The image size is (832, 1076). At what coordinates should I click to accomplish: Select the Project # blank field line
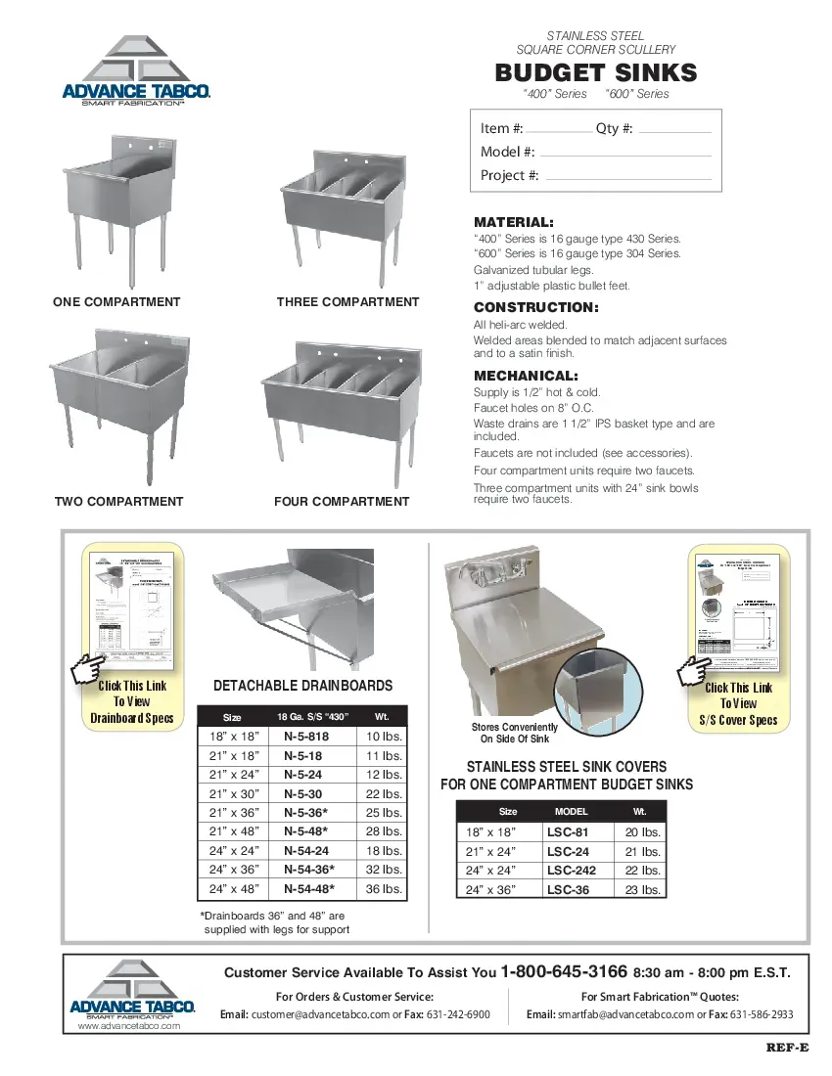pyautogui.click(x=626, y=179)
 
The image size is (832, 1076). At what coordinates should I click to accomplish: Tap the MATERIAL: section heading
pyautogui.click(x=514, y=222)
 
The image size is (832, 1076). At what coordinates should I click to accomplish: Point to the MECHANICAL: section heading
pyautogui.click(x=526, y=376)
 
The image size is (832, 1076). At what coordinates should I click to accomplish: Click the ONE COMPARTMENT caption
pyautogui.click(x=116, y=302)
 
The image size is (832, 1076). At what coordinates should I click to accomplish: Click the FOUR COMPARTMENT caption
pyautogui.click(x=342, y=502)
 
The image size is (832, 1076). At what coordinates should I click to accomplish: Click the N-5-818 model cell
pyautogui.click(x=306, y=738)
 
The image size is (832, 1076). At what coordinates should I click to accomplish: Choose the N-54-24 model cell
pyautogui.click(x=306, y=851)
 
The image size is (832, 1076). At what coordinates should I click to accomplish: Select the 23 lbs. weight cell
pyautogui.click(x=643, y=889)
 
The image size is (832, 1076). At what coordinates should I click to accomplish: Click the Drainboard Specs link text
pyautogui.click(x=132, y=718)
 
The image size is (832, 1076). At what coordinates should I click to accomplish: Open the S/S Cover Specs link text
pyautogui.click(x=738, y=720)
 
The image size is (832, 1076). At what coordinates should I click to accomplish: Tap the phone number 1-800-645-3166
pyautogui.click(x=564, y=972)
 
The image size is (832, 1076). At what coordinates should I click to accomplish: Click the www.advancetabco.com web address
pyautogui.click(x=129, y=1026)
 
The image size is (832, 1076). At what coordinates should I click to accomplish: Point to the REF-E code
pyautogui.click(x=787, y=1049)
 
